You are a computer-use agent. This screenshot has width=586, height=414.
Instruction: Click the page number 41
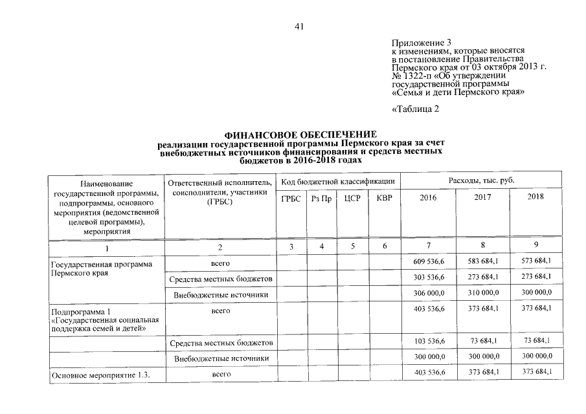pos(299,27)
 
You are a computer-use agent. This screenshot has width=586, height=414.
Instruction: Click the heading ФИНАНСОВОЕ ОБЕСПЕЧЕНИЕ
pos(300,134)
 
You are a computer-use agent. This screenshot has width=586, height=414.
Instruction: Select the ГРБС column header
pos(291,198)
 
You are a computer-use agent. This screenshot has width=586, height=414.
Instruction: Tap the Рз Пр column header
pos(321,198)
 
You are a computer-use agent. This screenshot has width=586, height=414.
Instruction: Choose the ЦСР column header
pos(352,198)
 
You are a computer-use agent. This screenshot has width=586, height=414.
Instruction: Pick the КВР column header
pos(384,198)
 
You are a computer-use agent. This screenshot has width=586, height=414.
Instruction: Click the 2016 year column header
pos(429,197)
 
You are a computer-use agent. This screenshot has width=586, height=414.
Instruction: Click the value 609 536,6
pos(429,261)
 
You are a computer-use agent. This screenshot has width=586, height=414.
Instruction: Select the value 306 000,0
pos(429,293)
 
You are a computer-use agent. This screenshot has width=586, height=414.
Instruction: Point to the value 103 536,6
pos(429,341)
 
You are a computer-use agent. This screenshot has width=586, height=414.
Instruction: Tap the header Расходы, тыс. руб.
pos(482,180)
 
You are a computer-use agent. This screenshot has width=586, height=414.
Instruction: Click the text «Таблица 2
pos(416,109)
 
